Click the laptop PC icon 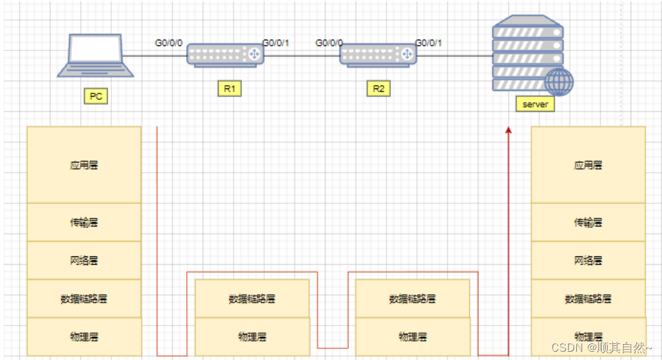(x=96, y=56)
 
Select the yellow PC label (x=95, y=97)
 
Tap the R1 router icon (x=226, y=54)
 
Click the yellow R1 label (x=229, y=89)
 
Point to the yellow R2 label (x=379, y=89)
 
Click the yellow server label (x=535, y=104)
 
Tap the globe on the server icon (x=559, y=82)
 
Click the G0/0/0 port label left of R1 (x=169, y=43)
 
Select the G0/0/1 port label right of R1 (x=276, y=43)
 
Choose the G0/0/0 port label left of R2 (x=329, y=43)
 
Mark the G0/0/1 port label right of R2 (x=429, y=43)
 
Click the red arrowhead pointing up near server (x=509, y=130)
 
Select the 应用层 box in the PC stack (x=84, y=165)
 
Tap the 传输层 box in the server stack (x=588, y=223)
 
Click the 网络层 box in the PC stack (x=84, y=261)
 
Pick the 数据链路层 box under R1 (x=252, y=299)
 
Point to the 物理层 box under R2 (x=413, y=336)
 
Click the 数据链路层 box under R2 (x=413, y=299)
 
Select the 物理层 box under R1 (x=252, y=336)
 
